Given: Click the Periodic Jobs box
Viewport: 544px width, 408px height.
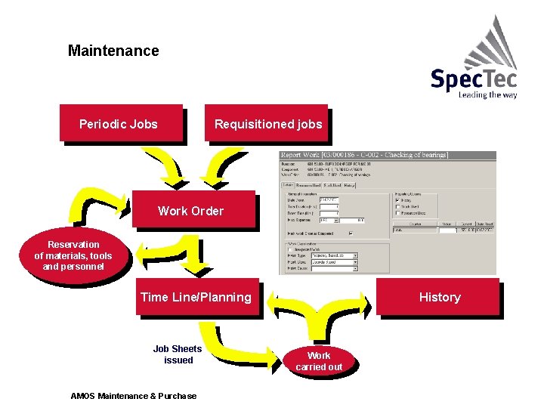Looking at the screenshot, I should [120, 123].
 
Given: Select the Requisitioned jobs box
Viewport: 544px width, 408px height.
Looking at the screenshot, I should [267, 123].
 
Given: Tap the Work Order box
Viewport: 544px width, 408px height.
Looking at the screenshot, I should [191, 211].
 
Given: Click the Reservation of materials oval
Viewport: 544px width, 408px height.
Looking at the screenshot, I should [73, 255].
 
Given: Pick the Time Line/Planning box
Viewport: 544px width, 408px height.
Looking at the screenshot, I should [196, 297].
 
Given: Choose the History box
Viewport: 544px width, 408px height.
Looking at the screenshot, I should [439, 297].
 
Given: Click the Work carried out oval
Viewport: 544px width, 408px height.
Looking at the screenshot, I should [319, 361].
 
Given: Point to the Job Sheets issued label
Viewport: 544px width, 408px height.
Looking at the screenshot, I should [178, 354].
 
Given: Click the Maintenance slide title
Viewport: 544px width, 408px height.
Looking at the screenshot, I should [113, 51].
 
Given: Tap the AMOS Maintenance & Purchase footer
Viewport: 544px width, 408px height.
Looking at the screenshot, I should [133, 396].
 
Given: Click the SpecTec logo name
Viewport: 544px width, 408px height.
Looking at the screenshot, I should [473, 79].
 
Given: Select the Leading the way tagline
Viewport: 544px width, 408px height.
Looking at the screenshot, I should [487, 95].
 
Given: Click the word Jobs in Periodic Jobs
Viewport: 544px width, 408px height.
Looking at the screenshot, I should [143, 123].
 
